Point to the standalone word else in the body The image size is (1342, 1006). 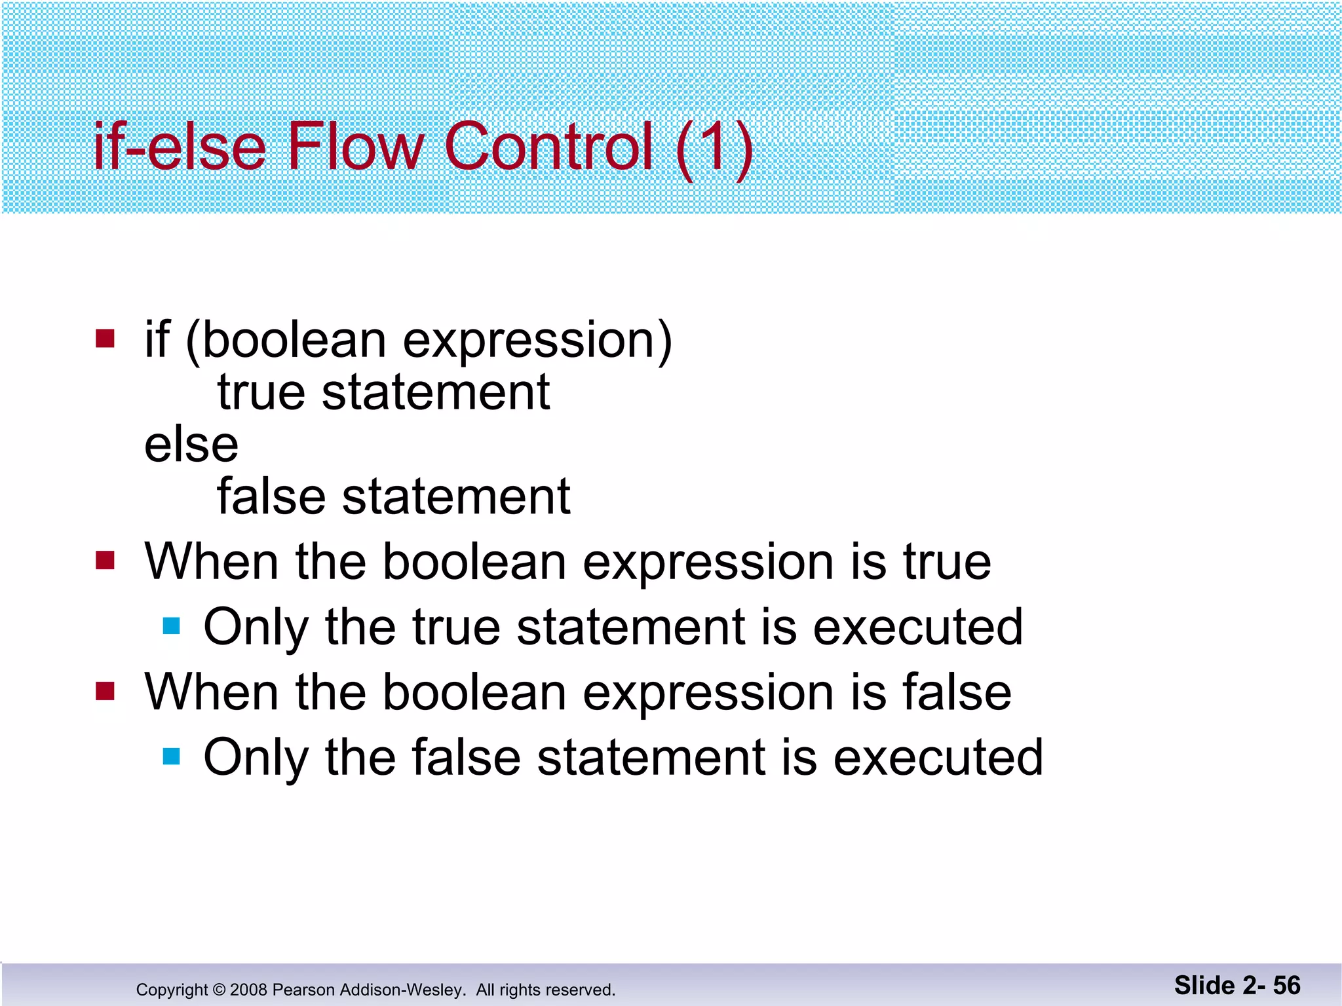click(x=191, y=445)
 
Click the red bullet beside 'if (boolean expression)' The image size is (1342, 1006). click(x=105, y=339)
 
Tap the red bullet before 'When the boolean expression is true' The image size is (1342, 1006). click(x=105, y=561)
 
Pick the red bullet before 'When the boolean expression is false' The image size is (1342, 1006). click(x=105, y=691)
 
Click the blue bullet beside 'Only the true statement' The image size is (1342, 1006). click(x=171, y=626)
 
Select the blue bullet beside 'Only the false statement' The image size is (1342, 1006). click(x=171, y=756)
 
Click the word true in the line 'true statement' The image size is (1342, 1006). click(x=261, y=392)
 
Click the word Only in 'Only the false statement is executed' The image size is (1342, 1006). click(x=256, y=758)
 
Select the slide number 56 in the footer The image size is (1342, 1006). click(x=1286, y=986)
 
